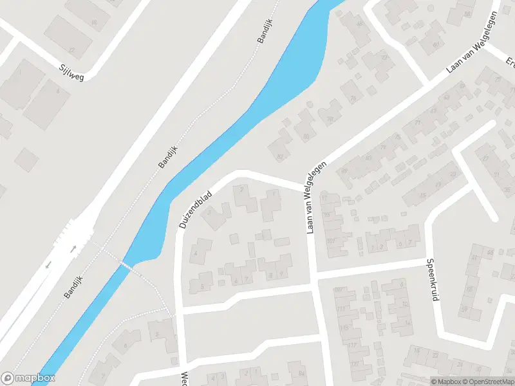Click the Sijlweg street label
pyautogui.click(x=71, y=70)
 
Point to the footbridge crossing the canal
pyautogui.click(x=126, y=265)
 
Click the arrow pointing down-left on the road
pyautogui.click(x=48, y=265)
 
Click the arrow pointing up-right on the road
pyautogui.click(x=73, y=248)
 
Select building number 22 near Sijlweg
pyautogui.click(x=71, y=50)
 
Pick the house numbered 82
pyautogui.click(x=279, y=156)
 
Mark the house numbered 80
pyautogui.click(x=305, y=136)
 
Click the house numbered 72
pyautogui.click(x=385, y=57)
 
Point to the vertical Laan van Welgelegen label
pyautogui.click(x=311, y=197)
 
